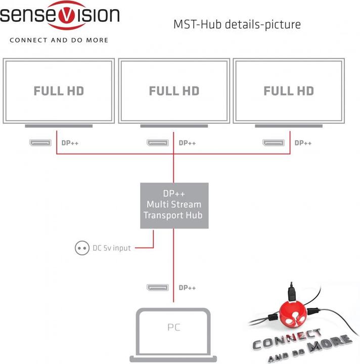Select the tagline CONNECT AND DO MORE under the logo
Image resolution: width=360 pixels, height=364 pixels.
pyautogui.click(x=59, y=39)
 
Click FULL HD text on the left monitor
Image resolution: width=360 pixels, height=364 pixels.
pyautogui.click(x=59, y=91)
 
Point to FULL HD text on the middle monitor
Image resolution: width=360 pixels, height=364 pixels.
pyautogui.click(x=174, y=91)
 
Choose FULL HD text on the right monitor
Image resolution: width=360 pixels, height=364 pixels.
pyautogui.click(x=289, y=91)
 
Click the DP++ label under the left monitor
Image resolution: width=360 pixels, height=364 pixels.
pyautogui.click(x=70, y=143)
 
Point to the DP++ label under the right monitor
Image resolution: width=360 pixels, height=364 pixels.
pyautogui.click(x=303, y=143)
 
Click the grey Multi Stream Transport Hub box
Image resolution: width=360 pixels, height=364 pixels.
pyautogui.click(x=174, y=205)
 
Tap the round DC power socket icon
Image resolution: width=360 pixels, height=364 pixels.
pyautogui.click(x=81, y=248)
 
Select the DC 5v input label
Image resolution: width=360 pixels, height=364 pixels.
pyautogui.click(x=111, y=248)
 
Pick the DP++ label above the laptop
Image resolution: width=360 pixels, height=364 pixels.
pyautogui.click(x=187, y=288)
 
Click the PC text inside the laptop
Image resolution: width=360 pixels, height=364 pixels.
pyautogui.click(x=173, y=328)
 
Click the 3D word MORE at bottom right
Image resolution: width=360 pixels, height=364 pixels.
pyautogui.click(x=332, y=344)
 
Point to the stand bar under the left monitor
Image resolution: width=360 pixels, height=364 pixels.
pyautogui.click(x=59, y=125)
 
